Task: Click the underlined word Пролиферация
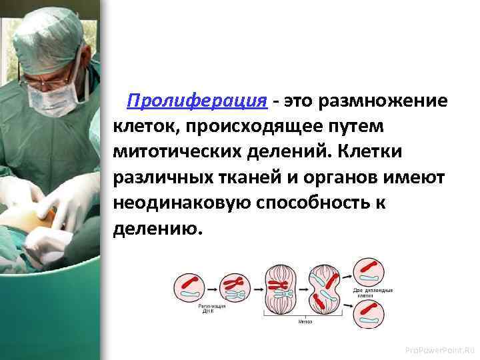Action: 197,101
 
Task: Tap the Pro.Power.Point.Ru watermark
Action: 443,349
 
